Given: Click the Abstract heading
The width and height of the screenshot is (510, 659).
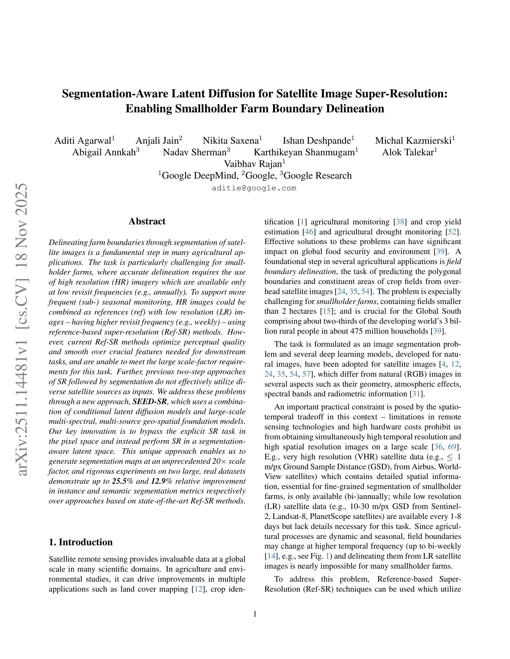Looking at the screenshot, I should pos(147,222).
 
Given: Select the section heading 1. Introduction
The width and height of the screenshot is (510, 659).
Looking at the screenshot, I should pos(80,542).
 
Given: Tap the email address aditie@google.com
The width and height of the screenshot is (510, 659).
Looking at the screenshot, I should pos(254,188).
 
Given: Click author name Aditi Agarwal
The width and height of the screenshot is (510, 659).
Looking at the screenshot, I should pos(83,141).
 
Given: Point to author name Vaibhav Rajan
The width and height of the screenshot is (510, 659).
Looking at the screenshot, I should pos(253,164).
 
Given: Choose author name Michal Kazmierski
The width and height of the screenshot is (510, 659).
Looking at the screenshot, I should pos(413,141).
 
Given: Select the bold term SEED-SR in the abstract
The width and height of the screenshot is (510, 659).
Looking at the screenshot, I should pos(149,402).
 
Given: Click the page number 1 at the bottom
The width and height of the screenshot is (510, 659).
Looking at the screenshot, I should pos(255,614).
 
